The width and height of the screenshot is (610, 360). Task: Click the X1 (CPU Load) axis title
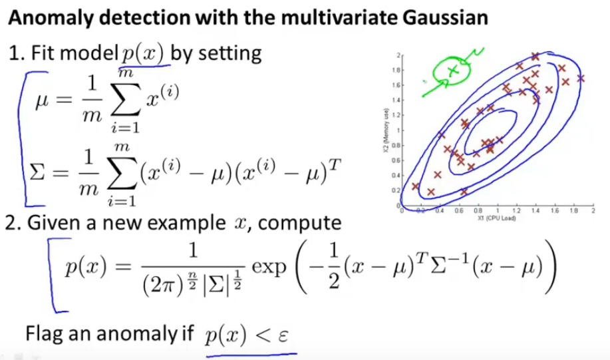tap(494, 217)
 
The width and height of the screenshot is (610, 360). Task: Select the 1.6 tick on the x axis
tap(556, 211)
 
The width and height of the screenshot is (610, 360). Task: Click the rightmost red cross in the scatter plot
tap(581, 78)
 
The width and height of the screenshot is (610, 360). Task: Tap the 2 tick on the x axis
tap(591, 211)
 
